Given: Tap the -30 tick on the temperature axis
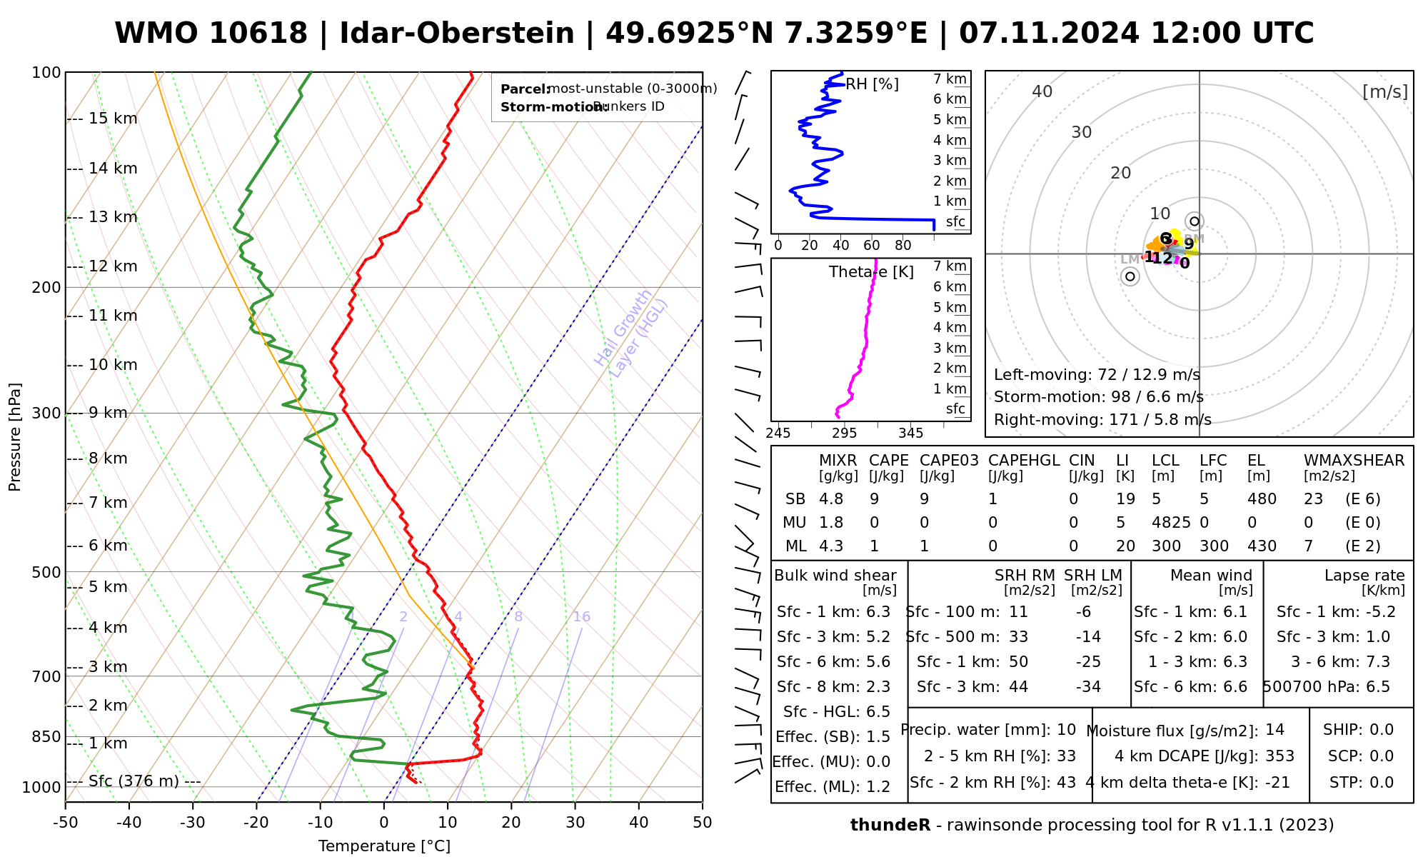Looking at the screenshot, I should pos(193,823).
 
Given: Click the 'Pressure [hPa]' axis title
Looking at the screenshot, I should pos(15,437).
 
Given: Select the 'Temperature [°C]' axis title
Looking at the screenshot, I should pos(384,846).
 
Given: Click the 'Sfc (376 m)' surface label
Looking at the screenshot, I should pos(134,781).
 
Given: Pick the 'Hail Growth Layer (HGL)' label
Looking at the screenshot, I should pos(631,334).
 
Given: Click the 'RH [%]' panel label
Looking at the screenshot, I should pos(872,84).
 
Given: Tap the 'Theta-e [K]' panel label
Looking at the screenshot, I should pos(871,272).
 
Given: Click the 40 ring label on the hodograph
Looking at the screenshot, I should pos(1042,91).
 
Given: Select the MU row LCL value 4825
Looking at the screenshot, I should pos(1171,523).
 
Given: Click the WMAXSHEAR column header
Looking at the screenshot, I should pos(1354,461).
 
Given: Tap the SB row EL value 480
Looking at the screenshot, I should pos(1262,499).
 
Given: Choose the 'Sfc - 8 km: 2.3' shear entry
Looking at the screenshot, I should pos(833,687).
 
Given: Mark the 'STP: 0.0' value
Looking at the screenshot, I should pos(1361,783).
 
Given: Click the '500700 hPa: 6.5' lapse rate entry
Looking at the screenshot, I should pos(1327,687).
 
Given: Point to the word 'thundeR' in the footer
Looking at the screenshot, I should pos(890,826).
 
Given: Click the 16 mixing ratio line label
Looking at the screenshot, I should pos(582,617).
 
